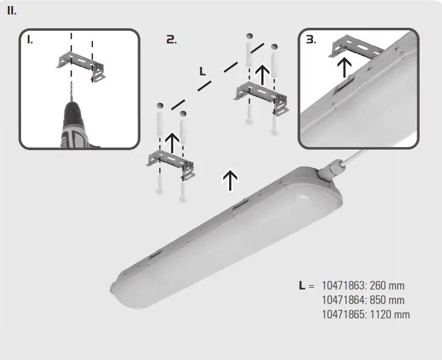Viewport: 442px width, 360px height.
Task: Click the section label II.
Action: click(12, 11)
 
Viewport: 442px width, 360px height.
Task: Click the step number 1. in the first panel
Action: click(30, 40)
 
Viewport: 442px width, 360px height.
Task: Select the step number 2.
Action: click(171, 40)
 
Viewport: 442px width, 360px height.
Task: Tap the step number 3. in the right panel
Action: click(311, 40)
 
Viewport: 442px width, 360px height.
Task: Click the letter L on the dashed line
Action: click(203, 71)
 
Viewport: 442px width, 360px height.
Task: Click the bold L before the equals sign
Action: click(303, 285)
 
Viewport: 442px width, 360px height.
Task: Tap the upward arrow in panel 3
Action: click(344, 68)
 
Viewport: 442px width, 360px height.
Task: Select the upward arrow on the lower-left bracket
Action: click(172, 144)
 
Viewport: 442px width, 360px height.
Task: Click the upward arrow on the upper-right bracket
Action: click(262, 74)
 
